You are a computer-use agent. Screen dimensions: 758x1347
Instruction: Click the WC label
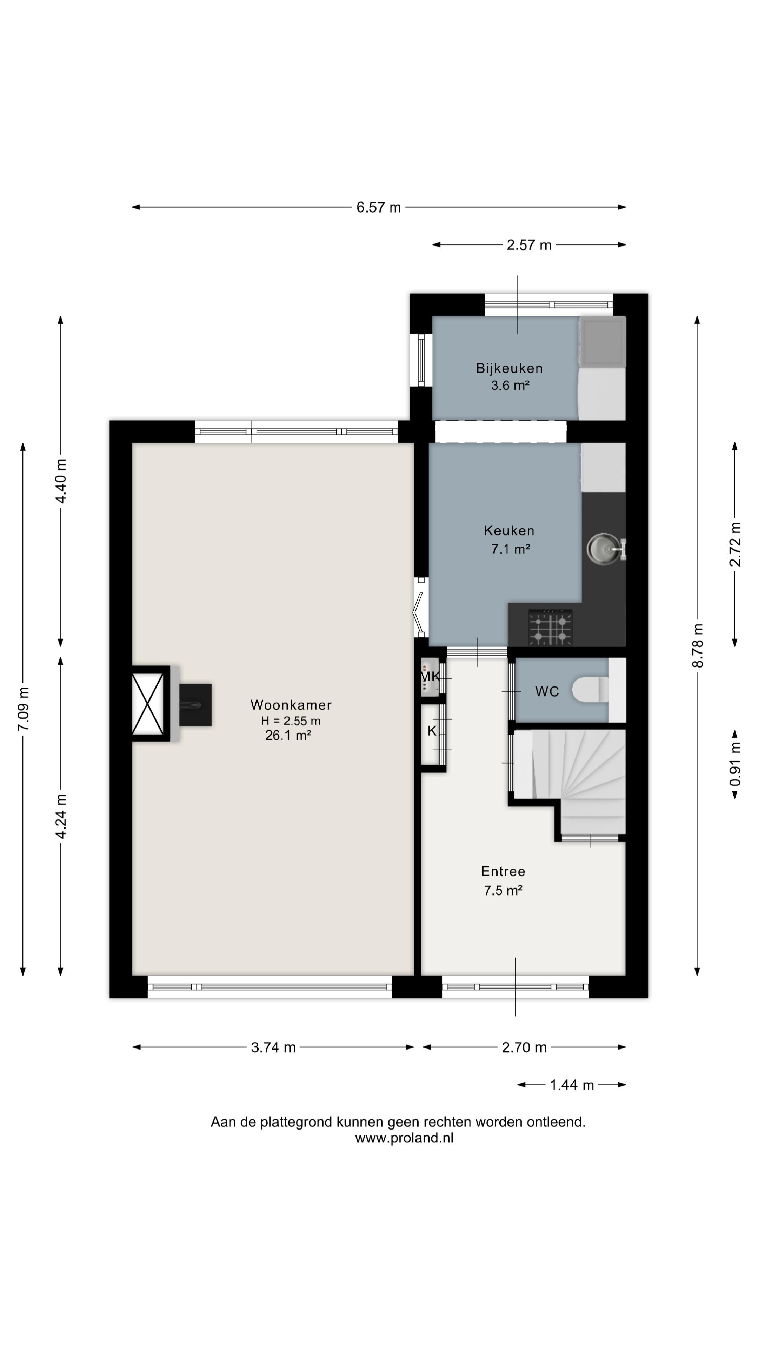(x=547, y=692)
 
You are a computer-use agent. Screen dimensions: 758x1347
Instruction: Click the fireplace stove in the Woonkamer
(x=196, y=705)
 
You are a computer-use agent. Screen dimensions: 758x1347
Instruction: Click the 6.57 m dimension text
(x=379, y=208)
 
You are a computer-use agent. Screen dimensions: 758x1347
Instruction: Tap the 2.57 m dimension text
(x=529, y=245)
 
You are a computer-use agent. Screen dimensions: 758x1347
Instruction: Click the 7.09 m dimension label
(x=23, y=709)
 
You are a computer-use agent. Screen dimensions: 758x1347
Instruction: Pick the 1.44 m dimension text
(x=572, y=1085)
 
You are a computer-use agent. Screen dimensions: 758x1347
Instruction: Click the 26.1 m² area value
(x=288, y=736)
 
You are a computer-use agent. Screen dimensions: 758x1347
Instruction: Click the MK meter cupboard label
(x=430, y=677)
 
